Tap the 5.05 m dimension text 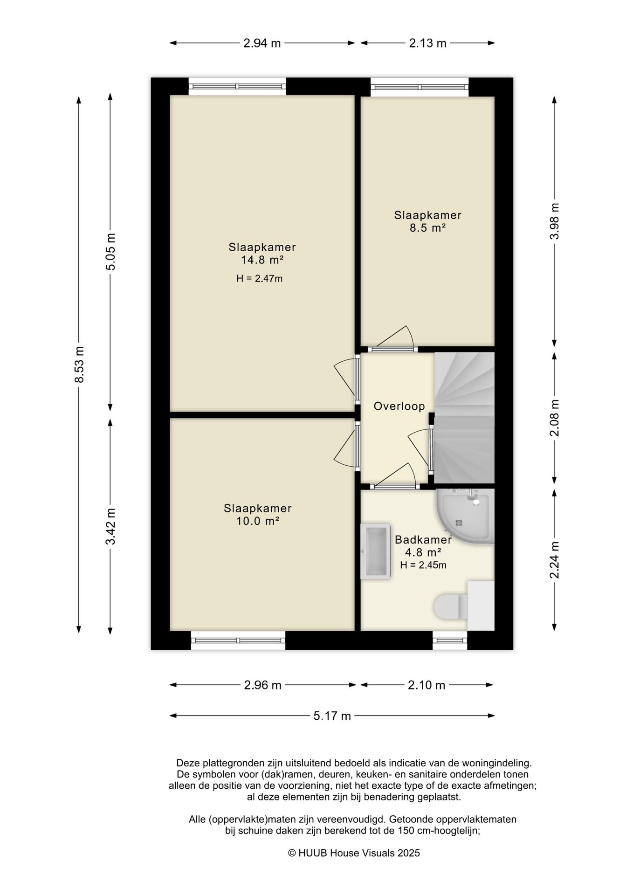(110, 251)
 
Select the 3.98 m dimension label (554, 221)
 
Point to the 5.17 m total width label (332, 716)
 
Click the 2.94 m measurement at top (262, 43)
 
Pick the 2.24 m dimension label (554, 559)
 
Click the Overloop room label (399, 406)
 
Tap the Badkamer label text (423, 540)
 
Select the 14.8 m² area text (262, 260)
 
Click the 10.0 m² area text (258, 521)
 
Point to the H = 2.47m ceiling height (260, 279)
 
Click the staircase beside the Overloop (464, 418)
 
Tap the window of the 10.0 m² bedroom (238, 640)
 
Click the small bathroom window (450, 640)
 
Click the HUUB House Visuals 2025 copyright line (354, 853)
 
